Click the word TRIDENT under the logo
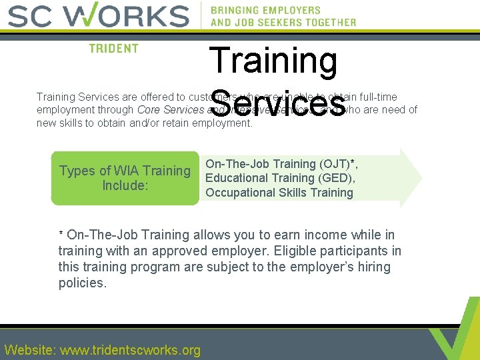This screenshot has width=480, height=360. [114, 49]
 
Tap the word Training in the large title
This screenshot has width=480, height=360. [273, 60]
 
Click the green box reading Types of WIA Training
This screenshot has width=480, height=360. [125, 178]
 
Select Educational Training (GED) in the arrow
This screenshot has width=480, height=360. [280, 178]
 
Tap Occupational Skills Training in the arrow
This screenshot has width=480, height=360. [279, 193]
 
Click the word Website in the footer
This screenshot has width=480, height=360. [30, 350]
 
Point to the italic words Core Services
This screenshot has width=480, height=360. [170, 110]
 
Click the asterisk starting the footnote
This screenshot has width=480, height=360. [61, 235]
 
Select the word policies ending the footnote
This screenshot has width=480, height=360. [82, 283]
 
